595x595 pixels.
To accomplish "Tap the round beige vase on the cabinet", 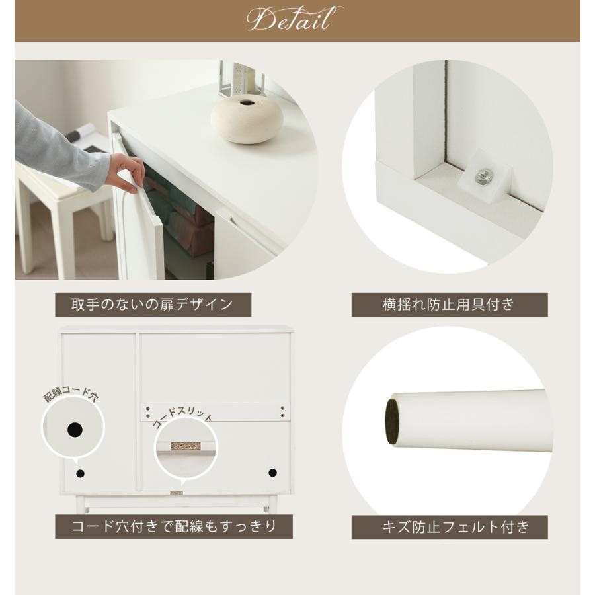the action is coord(247,119).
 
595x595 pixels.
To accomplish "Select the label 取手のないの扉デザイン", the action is coord(153,305).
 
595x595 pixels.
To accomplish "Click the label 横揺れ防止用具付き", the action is coord(449,305).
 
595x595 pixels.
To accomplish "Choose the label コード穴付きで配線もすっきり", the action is coord(174,526).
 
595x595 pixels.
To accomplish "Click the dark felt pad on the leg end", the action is coord(392,421).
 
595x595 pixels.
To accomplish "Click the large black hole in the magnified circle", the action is coord(75,430).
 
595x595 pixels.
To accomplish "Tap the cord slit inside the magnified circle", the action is coord(186,446).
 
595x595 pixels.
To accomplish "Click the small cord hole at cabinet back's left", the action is coord(81,473).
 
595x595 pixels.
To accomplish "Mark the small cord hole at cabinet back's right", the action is coord(272,473).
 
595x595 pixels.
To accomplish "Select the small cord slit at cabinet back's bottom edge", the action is coord(177,493).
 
